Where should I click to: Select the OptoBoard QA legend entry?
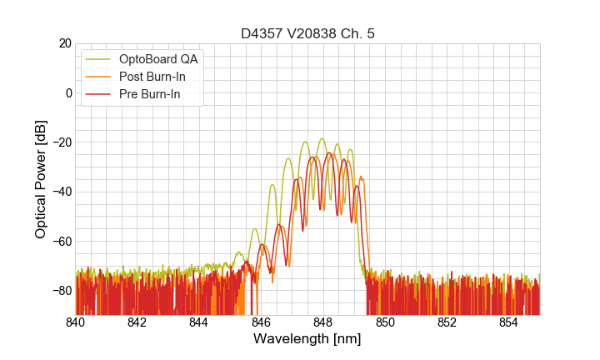(159, 59)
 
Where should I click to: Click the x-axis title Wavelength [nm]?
(307, 339)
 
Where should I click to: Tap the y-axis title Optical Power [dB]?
(41, 179)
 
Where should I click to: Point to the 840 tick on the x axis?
(76, 322)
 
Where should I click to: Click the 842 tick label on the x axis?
(137, 322)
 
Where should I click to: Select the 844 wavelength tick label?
(199, 322)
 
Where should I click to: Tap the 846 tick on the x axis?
(261, 322)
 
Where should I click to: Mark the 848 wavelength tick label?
(322, 322)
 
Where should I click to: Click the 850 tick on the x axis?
(385, 322)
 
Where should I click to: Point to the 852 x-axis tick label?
(447, 322)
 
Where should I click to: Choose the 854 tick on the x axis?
(508, 322)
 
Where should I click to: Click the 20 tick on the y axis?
(64, 43)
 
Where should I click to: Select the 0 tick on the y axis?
(67, 92)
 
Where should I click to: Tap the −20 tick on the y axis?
(60, 142)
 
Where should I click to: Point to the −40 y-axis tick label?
(60, 192)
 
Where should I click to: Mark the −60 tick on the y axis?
(60, 241)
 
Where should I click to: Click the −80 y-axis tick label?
(60, 290)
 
